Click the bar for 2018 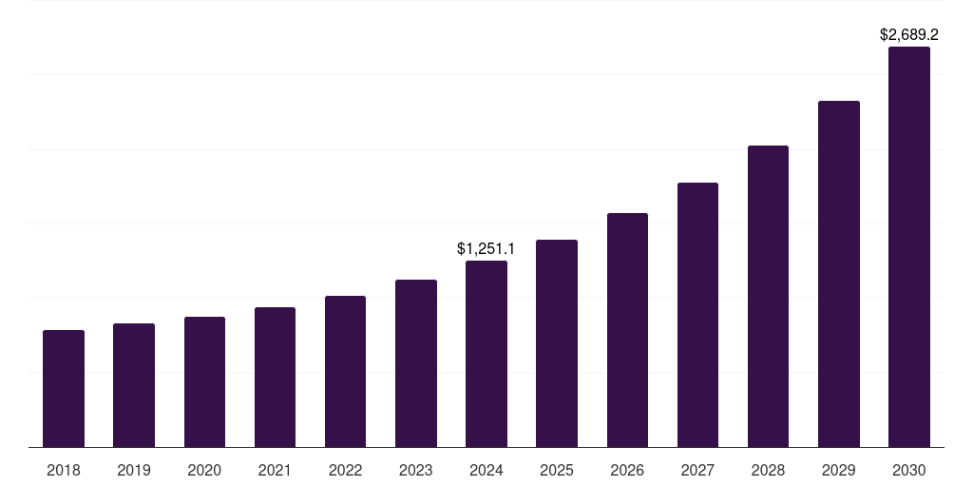click(64, 389)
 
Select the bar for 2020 click(204, 382)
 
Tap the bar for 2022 click(345, 372)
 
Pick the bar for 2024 click(486, 354)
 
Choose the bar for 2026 click(627, 330)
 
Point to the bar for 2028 click(768, 297)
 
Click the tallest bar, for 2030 click(908, 247)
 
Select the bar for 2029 click(838, 274)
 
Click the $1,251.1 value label click(486, 249)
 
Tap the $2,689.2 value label click(908, 35)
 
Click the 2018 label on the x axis click(64, 471)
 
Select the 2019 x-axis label click(134, 471)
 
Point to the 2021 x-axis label click(275, 471)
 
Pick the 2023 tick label click(415, 471)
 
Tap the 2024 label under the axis click(486, 471)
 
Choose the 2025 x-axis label click(557, 471)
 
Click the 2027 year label click(697, 471)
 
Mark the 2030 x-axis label click(908, 471)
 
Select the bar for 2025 click(557, 343)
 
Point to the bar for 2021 click(275, 378)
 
